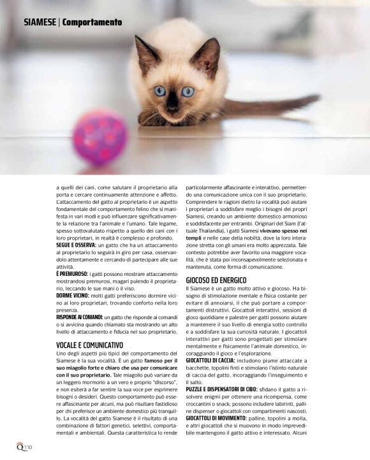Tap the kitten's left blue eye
[x=159, y=90]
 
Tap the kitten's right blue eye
[x=188, y=91]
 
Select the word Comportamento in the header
[x=92, y=22]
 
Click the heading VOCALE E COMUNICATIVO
[x=90, y=345]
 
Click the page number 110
[x=29, y=447]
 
